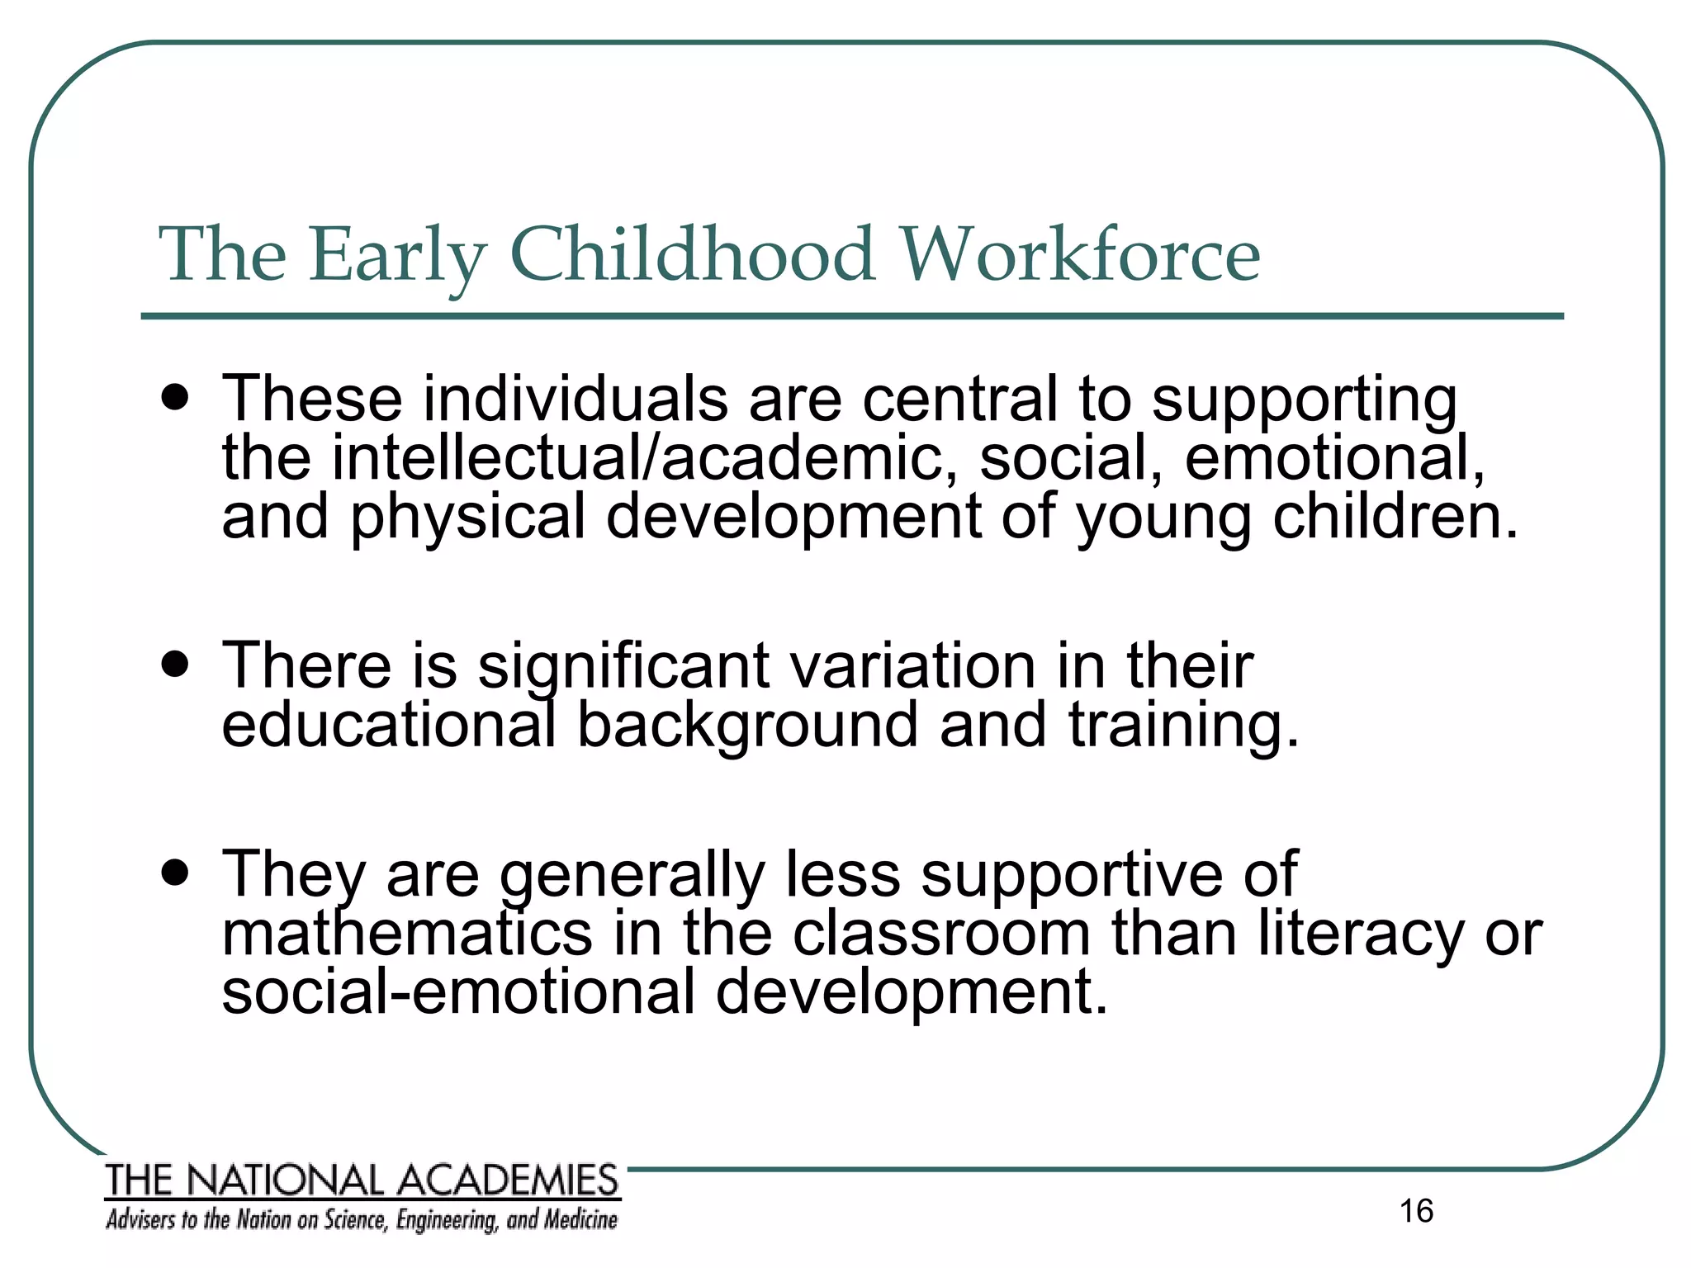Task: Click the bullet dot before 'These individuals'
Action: click(x=175, y=399)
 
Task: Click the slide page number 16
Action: click(x=1416, y=1211)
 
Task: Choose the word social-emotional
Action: click(x=458, y=991)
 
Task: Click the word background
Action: click(x=747, y=725)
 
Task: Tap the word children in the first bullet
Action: click(x=1395, y=516)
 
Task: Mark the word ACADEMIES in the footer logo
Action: click(x=509, y=1180)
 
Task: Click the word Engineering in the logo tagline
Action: click(x=447, y=1220)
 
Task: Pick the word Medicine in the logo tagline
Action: click(x=580, y=1219)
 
